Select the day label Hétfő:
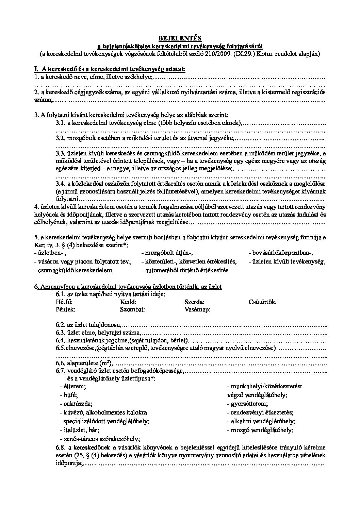coord(64,302)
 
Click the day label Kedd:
coord(128,302)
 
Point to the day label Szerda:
coord(194,302)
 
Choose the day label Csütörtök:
coord(262,302)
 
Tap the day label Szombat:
coord(132,309)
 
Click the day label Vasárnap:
coord(197,309)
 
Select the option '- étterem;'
coord(72,386)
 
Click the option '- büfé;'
coord(68,395)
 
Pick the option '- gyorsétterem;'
coord(247,404)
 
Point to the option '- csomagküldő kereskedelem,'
coord(74,270)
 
